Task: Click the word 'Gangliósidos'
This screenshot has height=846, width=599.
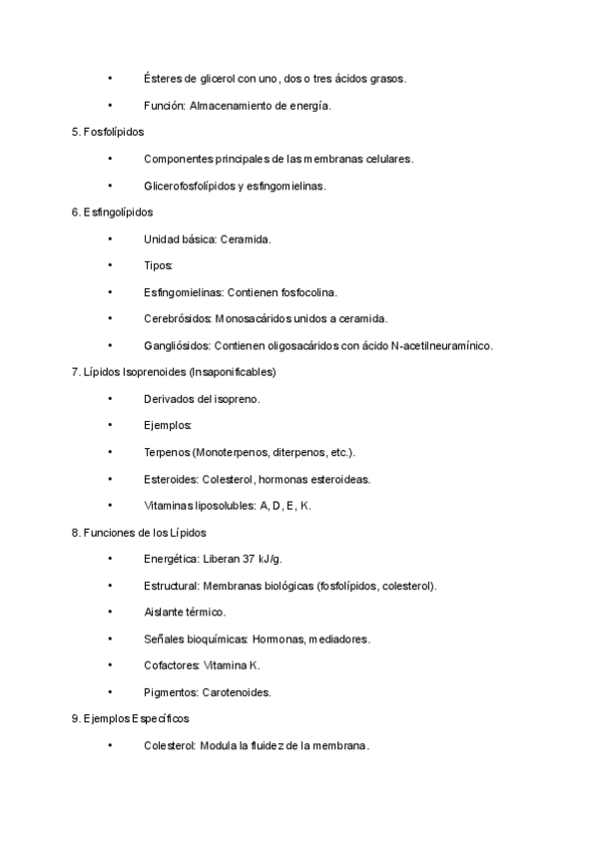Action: (177, 346)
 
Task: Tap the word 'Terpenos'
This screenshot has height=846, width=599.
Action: (167, 453)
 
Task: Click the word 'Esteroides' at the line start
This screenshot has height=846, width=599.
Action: (170, 479)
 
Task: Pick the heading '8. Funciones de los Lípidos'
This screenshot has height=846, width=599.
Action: (139, 533)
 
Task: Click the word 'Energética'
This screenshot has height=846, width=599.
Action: (171, 560)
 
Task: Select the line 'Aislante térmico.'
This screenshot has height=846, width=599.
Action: (185, 613)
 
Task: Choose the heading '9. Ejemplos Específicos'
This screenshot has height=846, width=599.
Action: (131, 718)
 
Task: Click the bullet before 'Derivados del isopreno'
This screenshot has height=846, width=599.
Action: (110, 399)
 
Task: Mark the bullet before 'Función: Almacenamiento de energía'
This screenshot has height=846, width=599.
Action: (110, 105)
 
